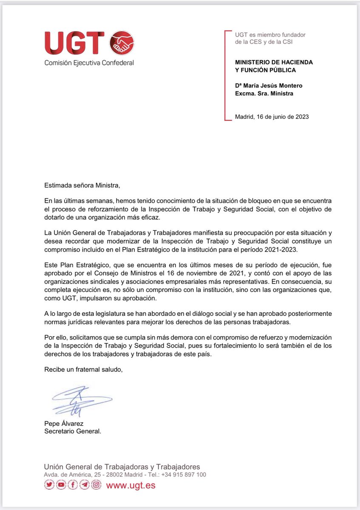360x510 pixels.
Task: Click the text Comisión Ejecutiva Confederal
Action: (x=89, y=63)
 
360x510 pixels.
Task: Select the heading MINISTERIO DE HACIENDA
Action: (x=274, y=62)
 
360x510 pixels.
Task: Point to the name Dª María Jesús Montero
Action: (x=269, y=86)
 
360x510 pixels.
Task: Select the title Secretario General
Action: (x=73, y=431)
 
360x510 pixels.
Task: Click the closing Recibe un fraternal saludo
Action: (x=83, y=369)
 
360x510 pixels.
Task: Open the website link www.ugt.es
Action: (x=130, y=485)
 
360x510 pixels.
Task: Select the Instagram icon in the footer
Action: (x=96, y=485)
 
